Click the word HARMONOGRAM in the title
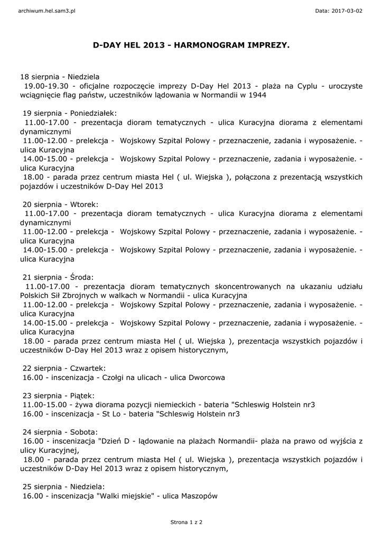tap(207, 46)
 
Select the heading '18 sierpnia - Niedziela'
tap(60, 77)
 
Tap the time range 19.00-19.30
tap(46, 86)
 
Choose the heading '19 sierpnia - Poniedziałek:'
tap(69, 113)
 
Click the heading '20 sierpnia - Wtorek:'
tap(60, 204)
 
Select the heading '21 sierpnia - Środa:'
tap(58, 277)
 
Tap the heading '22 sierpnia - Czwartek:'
tap(64, 368)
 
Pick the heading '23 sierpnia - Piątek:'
tap(58, 396)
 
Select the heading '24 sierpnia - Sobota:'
tap(60, 432)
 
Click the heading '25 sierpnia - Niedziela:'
tap(63, 487)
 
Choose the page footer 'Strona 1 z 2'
tap(186, 522)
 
